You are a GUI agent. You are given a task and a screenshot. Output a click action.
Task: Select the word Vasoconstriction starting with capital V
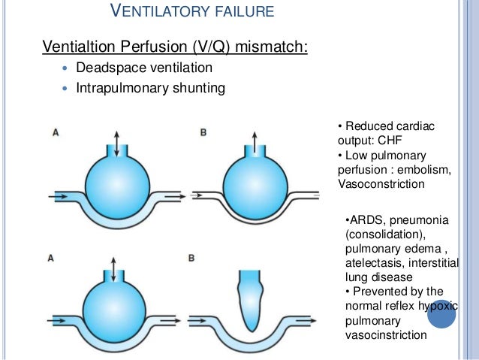(381, 184)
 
